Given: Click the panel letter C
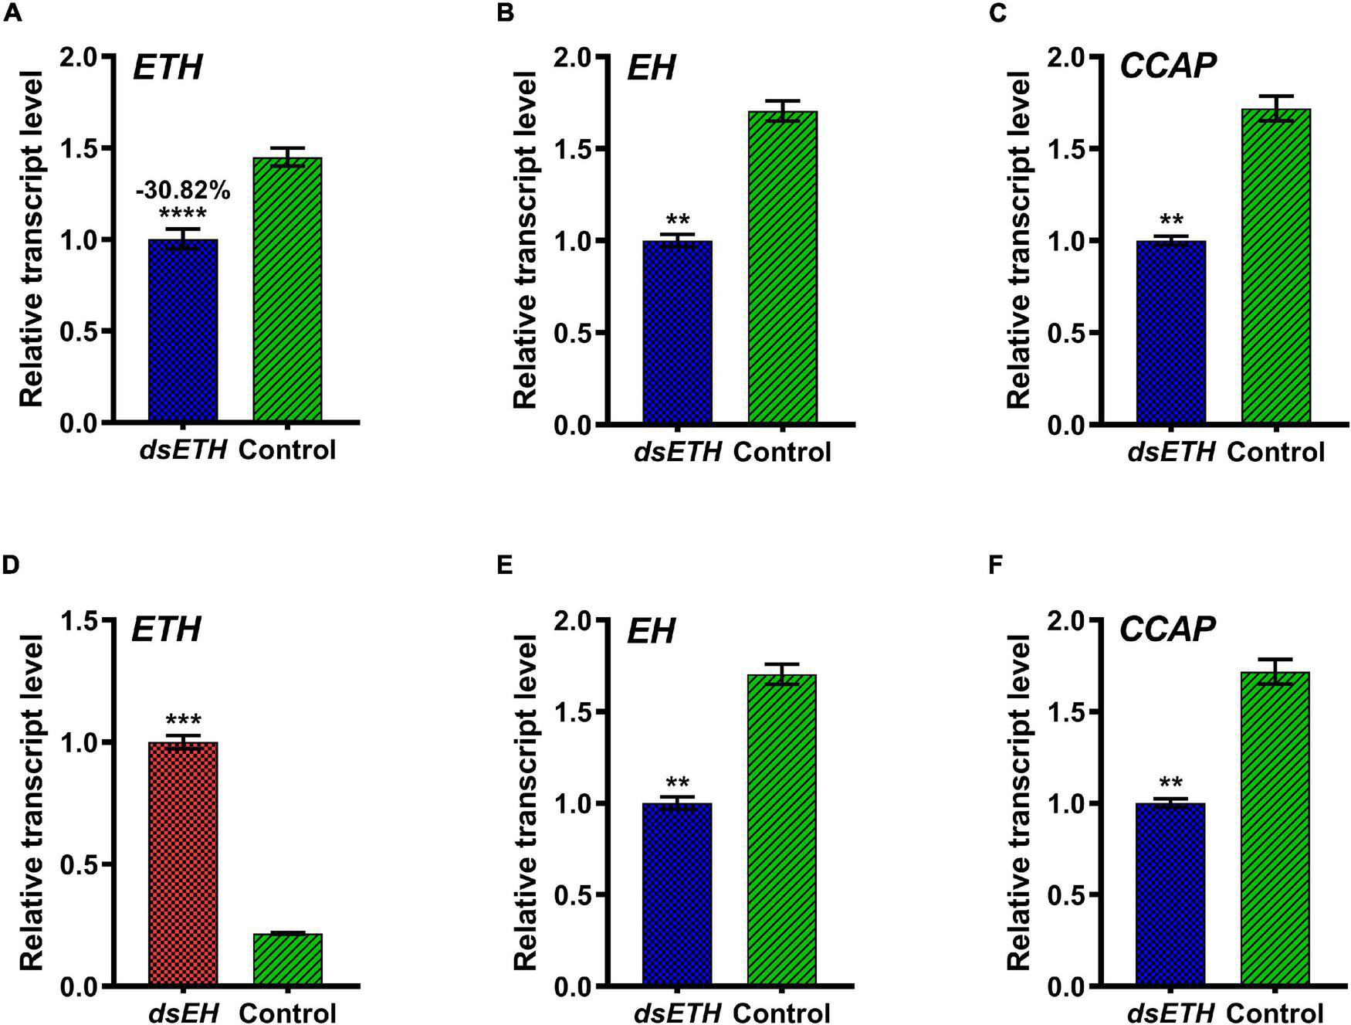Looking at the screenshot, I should click(997, 14).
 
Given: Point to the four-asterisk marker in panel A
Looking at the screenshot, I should click(182, 214).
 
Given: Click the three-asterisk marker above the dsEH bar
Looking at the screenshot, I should click(183, 721).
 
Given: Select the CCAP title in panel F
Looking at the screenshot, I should click(1167, 630).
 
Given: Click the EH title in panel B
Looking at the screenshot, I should click(650, 68).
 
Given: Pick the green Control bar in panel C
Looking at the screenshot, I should click(1275, 266).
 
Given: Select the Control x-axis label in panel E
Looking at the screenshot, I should click(781, 1012).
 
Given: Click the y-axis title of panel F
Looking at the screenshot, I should click(1019, 803).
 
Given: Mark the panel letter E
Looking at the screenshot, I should click(505, 566).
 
